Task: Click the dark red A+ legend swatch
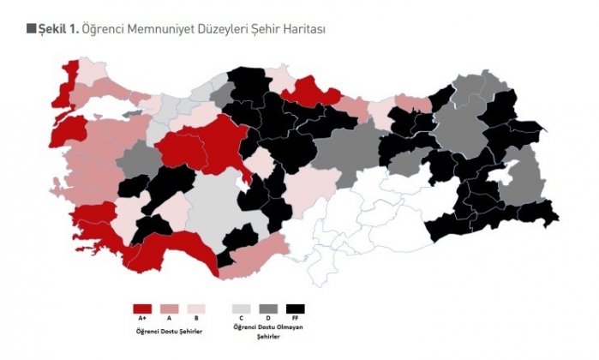[142, 309]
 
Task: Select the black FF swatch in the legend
[296, 309]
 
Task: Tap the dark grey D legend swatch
[268, 309]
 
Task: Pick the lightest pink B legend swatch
[197, 309]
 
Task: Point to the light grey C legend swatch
[242, 309]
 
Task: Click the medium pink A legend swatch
[170, 309]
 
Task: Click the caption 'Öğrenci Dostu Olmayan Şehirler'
[268, 332]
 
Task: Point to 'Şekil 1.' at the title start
[59, 29]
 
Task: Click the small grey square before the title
[32, 29]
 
